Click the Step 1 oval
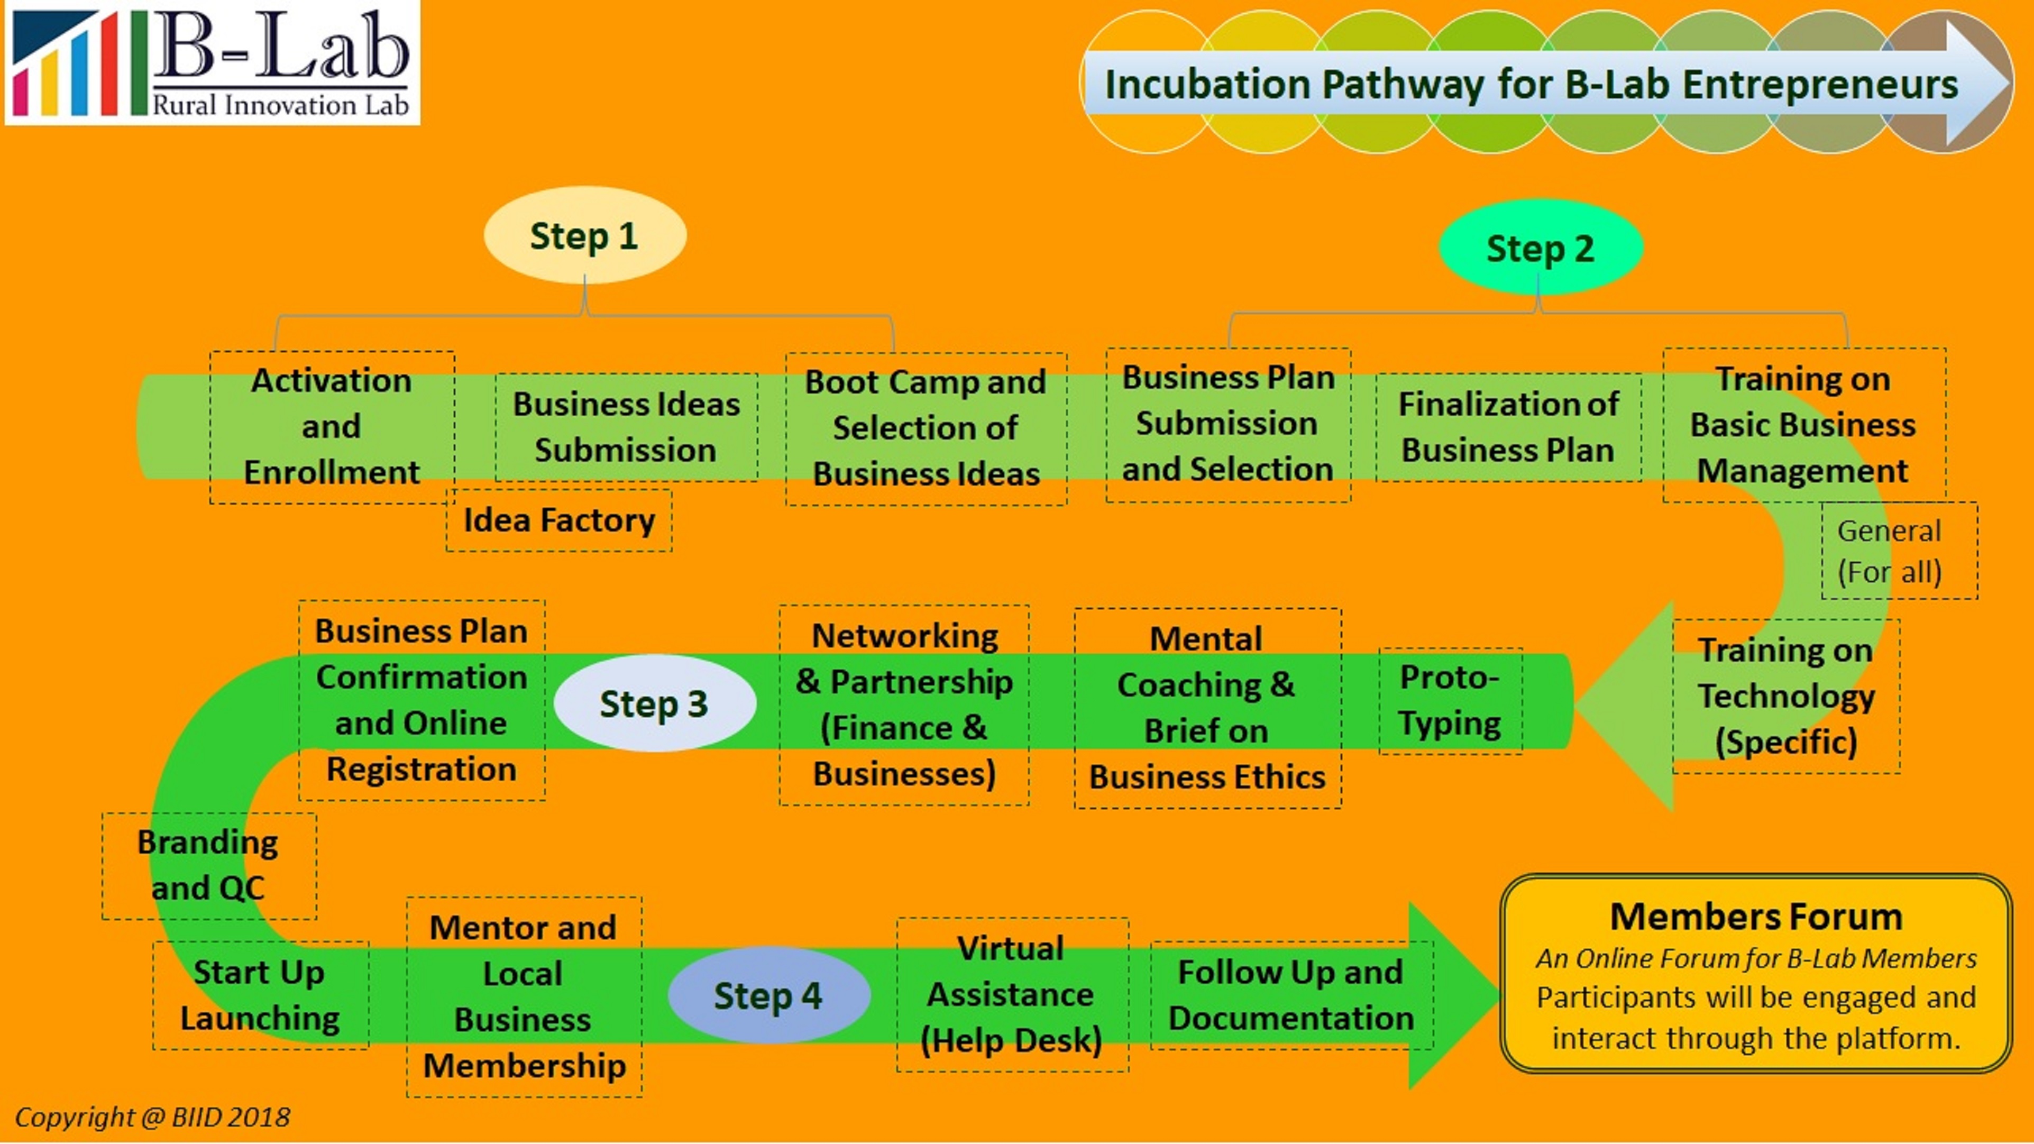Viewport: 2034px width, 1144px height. point(584,235)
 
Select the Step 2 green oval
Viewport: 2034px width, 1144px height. point(1540,248)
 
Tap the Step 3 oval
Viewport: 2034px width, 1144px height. point(654,703)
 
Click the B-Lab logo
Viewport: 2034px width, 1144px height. point(212,62)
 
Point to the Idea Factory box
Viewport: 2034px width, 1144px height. point(559,520)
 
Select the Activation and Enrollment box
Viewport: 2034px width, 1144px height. point(332,426)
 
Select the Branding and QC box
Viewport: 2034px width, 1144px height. point(208,865)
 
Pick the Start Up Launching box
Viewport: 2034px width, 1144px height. point(260,995)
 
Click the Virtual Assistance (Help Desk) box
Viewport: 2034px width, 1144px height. point(1012,994)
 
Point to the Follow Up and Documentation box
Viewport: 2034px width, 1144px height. point(1291,995)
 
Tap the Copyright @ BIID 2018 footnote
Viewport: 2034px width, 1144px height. point(152,1116)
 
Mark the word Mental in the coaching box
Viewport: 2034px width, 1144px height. point(1206,639)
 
